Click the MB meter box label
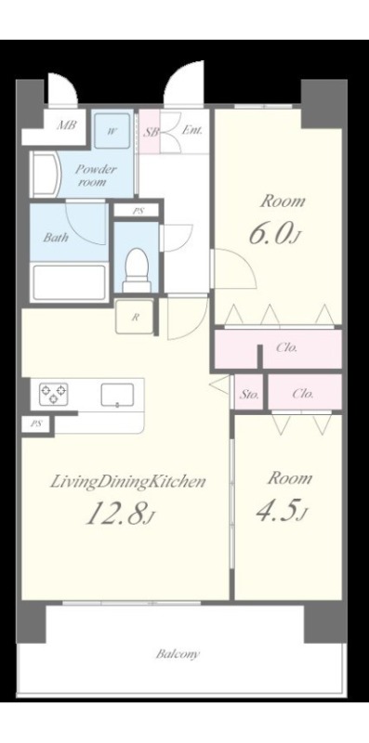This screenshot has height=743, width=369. (66, 126)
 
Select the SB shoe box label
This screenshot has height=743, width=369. (151, 132)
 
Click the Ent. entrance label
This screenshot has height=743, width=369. (192, 130)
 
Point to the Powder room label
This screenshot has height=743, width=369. (97, 175)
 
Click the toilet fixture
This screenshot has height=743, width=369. (137, 270)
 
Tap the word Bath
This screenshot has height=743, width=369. (56, 237)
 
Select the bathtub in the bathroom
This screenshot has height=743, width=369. (70, 282)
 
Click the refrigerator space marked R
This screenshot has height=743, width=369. (135, 317)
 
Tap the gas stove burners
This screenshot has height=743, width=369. (53, 394)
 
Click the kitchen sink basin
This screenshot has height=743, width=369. (117, 395)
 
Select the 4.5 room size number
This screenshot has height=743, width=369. (280, 511)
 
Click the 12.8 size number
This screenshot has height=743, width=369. (120, 514)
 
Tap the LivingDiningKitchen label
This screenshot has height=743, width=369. (128, 482)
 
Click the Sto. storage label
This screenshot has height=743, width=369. (249, 394)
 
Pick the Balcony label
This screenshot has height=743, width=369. (178, 655)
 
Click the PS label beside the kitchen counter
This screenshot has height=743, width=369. (36, 424)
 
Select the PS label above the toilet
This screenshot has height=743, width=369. (138, 212)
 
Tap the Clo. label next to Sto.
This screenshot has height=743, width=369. (302, 394)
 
